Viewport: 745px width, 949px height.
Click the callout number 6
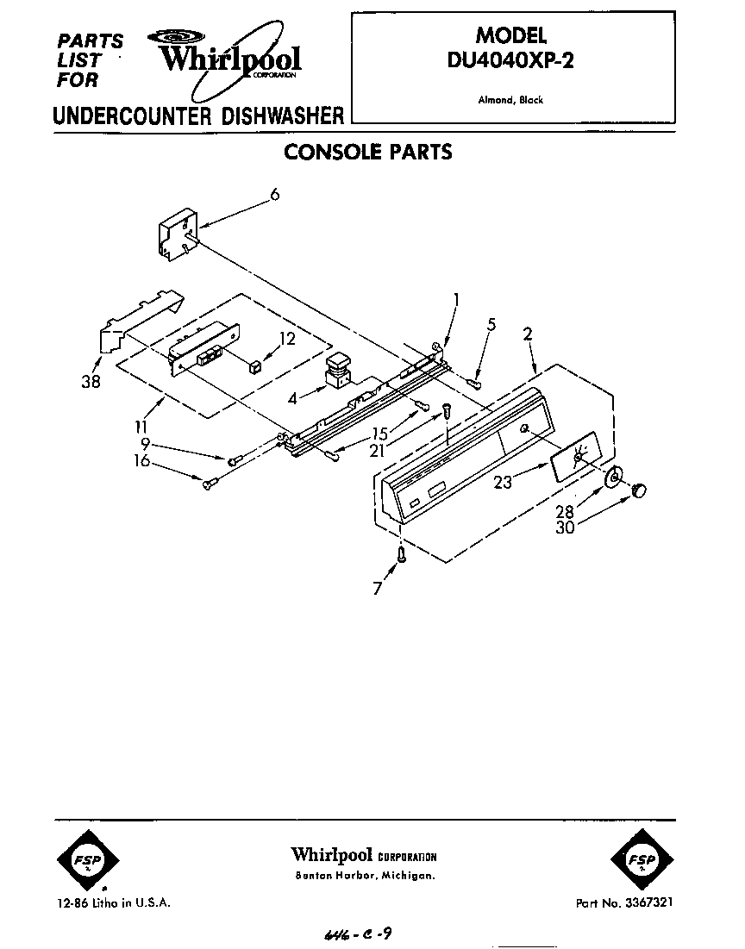[274, 195]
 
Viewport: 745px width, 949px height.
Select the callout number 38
[90, 382]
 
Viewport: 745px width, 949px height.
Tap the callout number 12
[286, 339]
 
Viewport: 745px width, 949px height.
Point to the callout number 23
[503, 482]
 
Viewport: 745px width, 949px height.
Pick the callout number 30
[565, 528]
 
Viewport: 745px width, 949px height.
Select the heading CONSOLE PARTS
[368, 153]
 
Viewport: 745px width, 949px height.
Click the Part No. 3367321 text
[624, 902]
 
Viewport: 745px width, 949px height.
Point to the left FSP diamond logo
[79, 858]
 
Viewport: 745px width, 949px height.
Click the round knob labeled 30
[639, 490]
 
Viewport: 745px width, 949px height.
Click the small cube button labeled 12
[254, 368]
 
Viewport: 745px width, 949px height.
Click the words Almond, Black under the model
[510, 100]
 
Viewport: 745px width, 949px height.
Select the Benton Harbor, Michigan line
[364, 876]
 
